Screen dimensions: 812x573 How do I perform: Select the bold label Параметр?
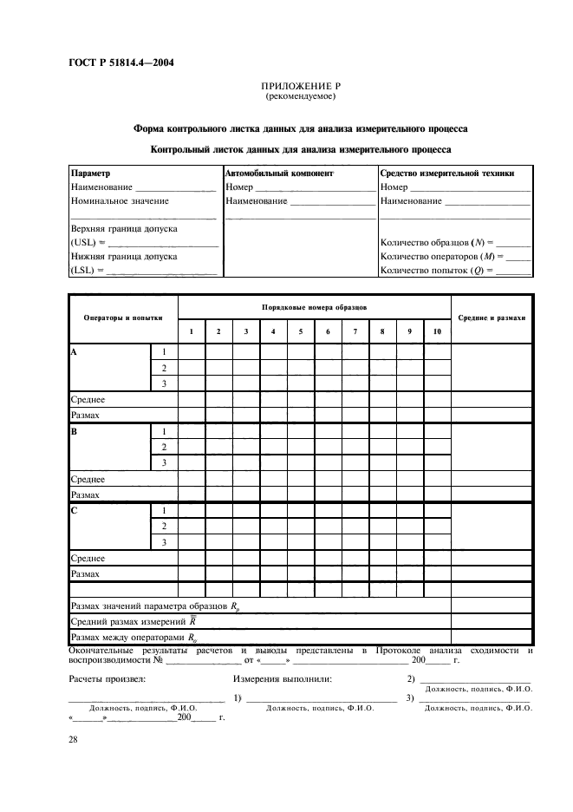tap(90, 174)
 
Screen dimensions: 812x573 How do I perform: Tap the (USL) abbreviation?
tap(82, 242)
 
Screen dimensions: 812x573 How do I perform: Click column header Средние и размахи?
tap(491, 318)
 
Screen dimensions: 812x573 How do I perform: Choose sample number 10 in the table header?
tap(436, 331)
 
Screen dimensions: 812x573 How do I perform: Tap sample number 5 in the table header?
tap(300, 331)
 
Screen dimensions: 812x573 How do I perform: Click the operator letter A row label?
tap(74, 352)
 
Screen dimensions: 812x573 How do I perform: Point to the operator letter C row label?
tap(74, 511)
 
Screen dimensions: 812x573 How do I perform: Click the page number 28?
tap(73, 738)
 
